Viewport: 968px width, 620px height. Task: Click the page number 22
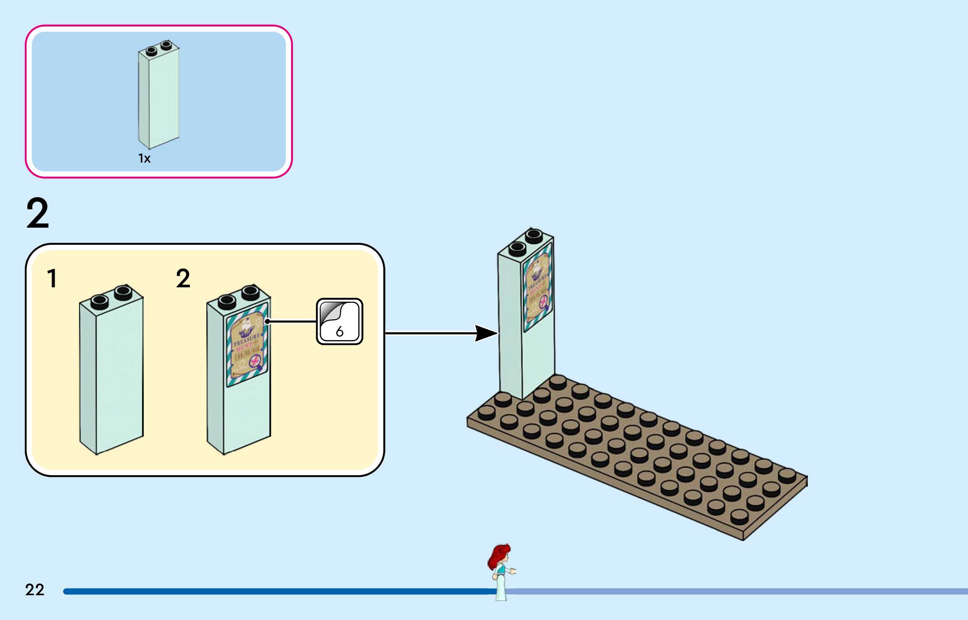(x=34, y=590)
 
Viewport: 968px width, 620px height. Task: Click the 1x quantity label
(x=144, y=158)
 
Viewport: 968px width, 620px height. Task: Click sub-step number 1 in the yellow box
(x=52, y=278)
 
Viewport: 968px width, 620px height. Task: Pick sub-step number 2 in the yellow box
(x=183, y=278)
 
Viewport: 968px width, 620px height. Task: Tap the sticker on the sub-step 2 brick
(x=247, y=344)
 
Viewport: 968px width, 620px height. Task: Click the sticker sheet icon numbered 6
(x=339, y=321)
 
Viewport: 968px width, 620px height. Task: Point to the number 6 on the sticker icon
(x=340, y=332)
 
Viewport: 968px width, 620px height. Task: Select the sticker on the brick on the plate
(x=538, y=288)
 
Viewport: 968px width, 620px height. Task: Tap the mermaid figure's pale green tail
(x=501, y=588)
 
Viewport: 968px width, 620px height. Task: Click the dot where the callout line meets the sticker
(x=267, y=322)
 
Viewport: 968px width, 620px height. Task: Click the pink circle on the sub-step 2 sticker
(x=255, y=361)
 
